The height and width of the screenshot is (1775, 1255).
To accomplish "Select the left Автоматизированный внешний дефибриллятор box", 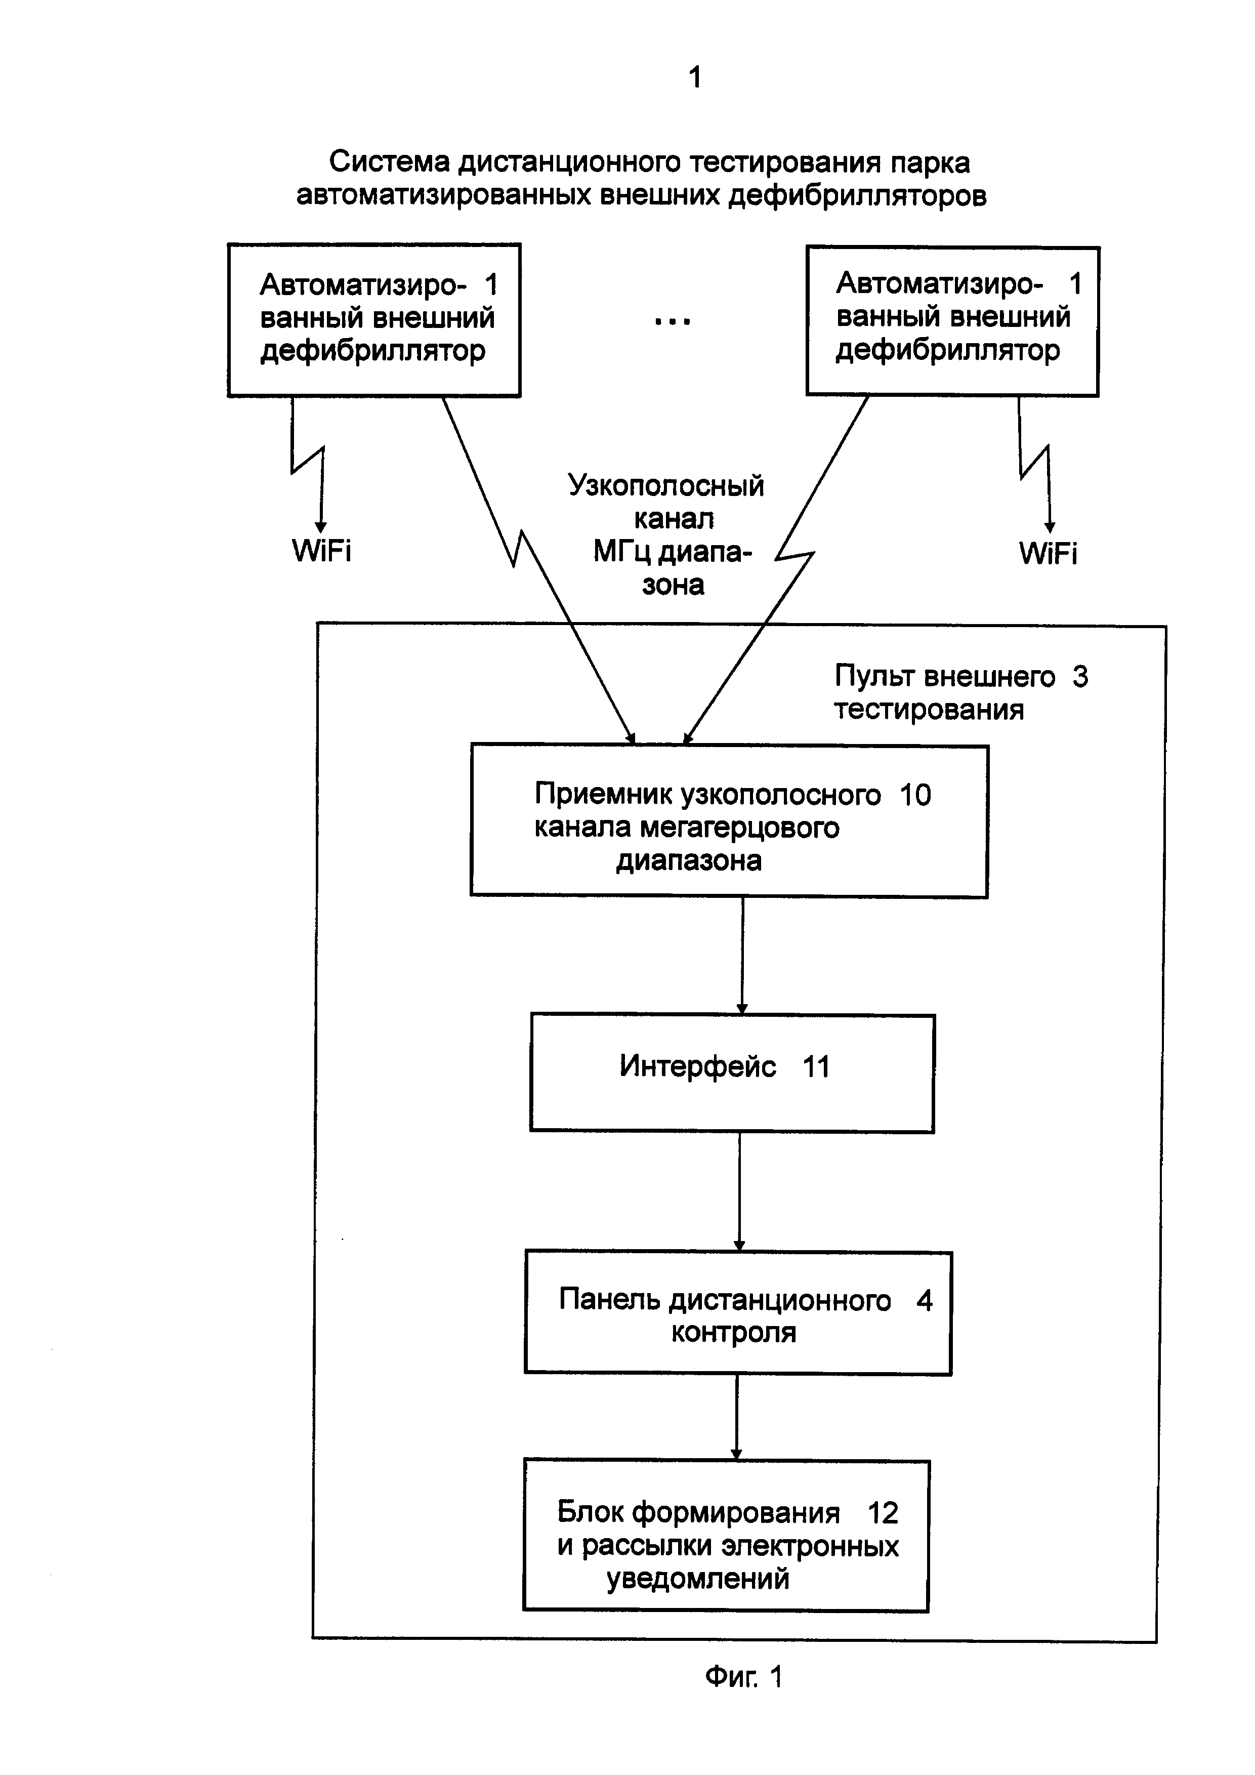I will [x=374, y=320].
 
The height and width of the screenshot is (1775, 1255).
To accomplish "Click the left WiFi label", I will [x=321, y=551].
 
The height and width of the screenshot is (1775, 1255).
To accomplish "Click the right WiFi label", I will [x=1048, y=554].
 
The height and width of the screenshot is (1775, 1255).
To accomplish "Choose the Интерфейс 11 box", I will [x=732, y=1072].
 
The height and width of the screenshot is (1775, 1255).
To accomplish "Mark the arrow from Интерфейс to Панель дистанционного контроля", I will [x=739, y=1190].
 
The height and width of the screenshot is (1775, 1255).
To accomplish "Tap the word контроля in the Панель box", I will [x=733, y=1333].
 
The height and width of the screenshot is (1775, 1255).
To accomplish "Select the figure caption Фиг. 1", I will [x=743, y=1677].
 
